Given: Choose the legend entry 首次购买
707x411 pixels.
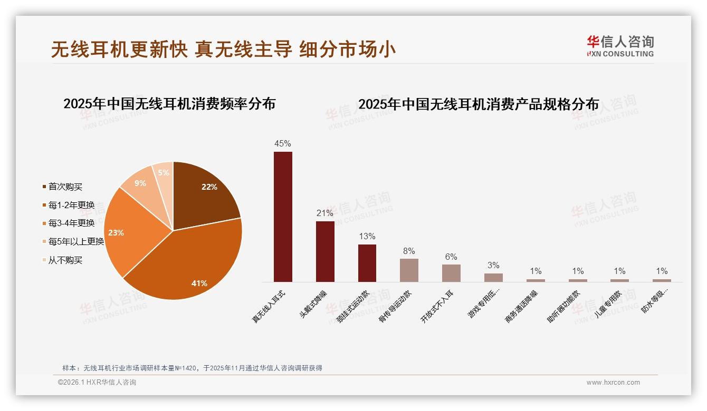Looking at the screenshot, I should click(x=65, y=187).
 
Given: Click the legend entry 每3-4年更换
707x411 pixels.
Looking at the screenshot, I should click(x=71, y=223).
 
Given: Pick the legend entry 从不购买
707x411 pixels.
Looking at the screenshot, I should click(x=65, y=260).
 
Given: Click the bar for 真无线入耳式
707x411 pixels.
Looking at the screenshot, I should click(x=283, y=217).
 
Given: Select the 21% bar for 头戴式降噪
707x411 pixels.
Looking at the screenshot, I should click(x=325, y=251).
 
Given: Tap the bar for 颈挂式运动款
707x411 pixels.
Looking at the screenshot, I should click(x=367, y=263).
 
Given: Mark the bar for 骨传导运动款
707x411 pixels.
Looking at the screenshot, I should click(x=409, y=270).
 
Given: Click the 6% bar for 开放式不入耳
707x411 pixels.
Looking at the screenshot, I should click(x=451, y=273).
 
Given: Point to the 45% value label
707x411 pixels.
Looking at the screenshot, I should click(x=283, y=143).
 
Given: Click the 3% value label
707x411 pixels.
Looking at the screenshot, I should click(x=493, y=265).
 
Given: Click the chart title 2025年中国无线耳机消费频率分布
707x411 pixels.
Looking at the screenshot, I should click(x=169, y=104).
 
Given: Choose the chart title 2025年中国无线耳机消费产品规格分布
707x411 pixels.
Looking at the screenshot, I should click(x=479, y=104).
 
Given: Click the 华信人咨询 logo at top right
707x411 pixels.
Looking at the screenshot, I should click(x=620, y=46).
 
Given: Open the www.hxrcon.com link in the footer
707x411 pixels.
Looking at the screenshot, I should click(x=613, y=383).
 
